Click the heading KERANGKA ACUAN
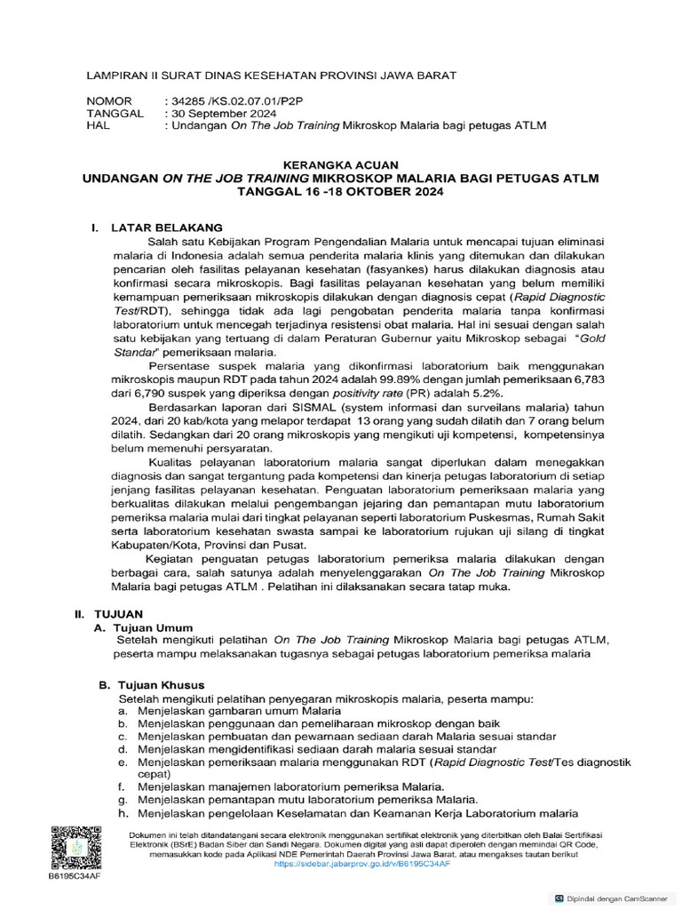(x=340, y=165)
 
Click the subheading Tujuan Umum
(x=156, y=627)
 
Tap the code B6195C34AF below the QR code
(x=75, y=875)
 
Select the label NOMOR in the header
(x=108, y=101)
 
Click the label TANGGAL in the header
(x=115, y=114)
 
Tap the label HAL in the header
(x=97, y=126)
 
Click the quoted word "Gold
(x=590, y=339)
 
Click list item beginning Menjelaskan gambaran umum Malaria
(x=239, y=711)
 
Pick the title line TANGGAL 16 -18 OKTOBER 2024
(x=340, y=192)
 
